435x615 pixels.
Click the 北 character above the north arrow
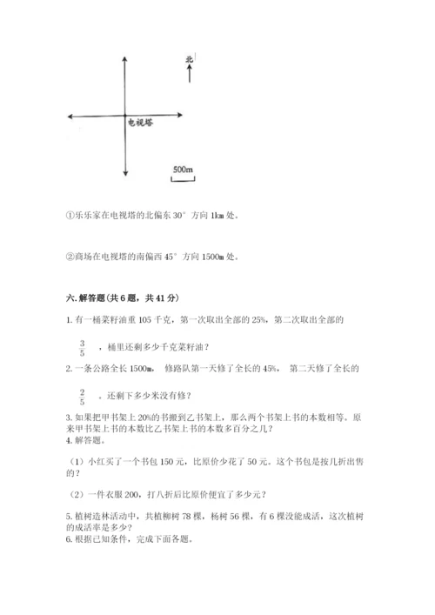188,60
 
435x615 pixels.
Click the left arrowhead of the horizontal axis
68,115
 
